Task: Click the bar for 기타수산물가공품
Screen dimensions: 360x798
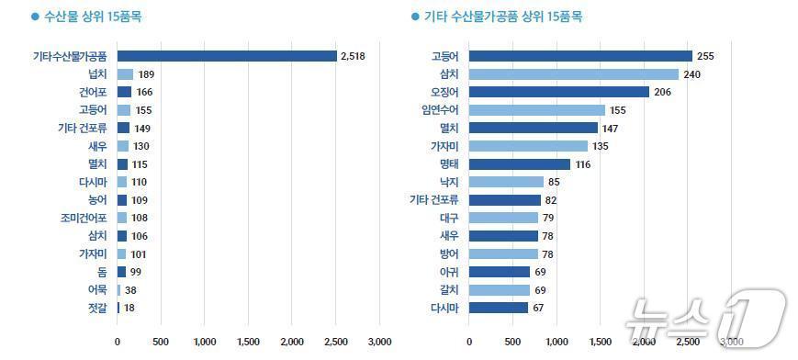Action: pos(227,56)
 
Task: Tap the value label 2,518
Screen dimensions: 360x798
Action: pos(354,56)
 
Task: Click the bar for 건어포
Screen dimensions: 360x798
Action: pos(124,92)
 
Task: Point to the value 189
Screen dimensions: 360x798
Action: pos(146,74)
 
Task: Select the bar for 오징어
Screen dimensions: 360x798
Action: pos(559,92)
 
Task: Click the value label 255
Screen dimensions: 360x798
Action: pos(705,56)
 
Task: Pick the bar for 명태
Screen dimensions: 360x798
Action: pos(520,163)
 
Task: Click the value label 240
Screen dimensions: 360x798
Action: pos(691,74)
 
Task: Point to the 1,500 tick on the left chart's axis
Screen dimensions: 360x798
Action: pos(248,342)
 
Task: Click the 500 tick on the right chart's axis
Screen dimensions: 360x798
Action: pos(512,342)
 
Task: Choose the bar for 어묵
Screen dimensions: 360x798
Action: pos(118,289)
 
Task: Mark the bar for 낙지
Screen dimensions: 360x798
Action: pos(506,182)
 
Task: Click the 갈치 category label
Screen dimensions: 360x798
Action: pos(449,289)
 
